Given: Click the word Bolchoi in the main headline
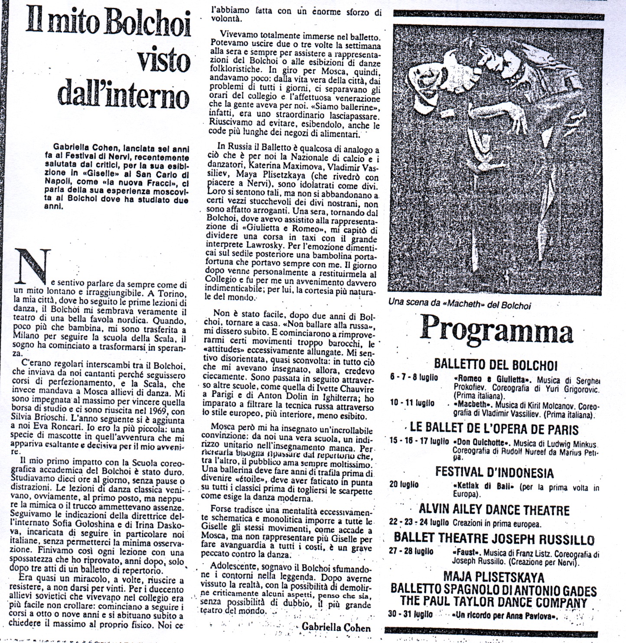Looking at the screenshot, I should pos(147,25).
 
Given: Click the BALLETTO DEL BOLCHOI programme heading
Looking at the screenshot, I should pos(496,365).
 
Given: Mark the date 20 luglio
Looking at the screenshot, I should pos(404,484).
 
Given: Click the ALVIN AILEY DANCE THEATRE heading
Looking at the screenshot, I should pos(494,510).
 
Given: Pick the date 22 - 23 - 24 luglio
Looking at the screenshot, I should pos(419,523).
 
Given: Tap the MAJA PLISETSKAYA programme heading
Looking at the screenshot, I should pos(493,577).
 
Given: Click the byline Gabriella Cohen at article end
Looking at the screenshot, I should pos(336,627).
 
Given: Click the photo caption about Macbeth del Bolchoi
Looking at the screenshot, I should pos(460,305).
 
